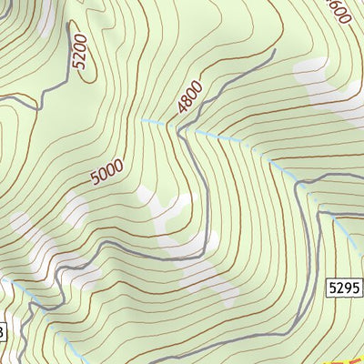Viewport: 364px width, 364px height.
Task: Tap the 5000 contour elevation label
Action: pos(107,170)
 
